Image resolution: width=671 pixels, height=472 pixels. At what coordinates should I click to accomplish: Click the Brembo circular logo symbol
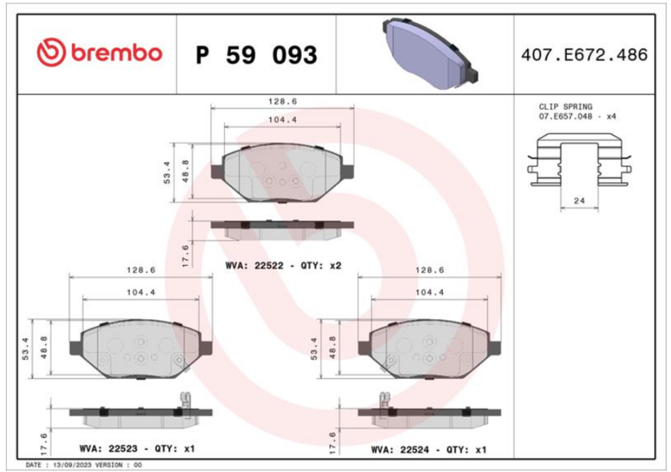coord(51,53)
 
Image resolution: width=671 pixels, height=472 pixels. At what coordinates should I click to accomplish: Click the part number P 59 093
coord(257,55)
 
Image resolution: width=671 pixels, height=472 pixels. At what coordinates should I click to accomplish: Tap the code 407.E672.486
coord(584,54)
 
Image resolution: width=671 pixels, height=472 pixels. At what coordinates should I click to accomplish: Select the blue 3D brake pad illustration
coord(430,53)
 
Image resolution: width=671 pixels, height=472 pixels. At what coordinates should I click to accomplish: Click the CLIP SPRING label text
coord(565,106)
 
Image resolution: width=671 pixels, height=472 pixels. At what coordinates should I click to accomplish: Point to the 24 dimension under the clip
coord(579,200)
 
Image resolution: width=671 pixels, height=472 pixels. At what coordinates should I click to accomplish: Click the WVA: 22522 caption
coord(254,265)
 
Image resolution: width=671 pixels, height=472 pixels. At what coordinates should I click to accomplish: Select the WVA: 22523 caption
coord(108,449)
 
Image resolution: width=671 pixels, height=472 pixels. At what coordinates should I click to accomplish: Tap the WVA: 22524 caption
coord(400,449)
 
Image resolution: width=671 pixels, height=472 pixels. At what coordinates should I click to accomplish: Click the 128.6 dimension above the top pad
coord(283,101)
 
